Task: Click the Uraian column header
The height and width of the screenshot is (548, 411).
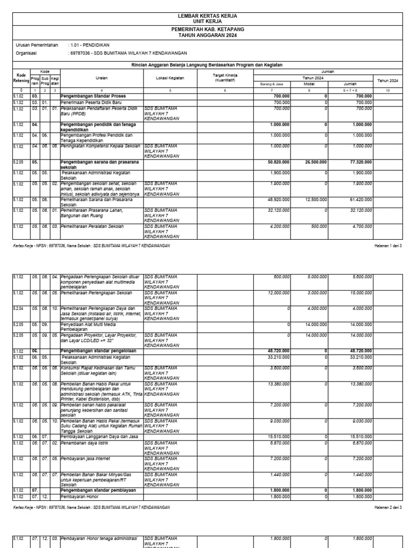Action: [x=101, y=78]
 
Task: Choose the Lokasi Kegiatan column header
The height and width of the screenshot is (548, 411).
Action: [x=170, y=78]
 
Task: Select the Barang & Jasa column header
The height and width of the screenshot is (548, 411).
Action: [x=271, y=84]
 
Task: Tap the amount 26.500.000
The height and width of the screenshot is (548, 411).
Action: [x=314, y=159]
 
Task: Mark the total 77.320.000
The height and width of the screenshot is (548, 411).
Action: [x=359, y=159]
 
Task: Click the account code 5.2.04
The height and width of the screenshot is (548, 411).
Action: [x=20, y=309]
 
